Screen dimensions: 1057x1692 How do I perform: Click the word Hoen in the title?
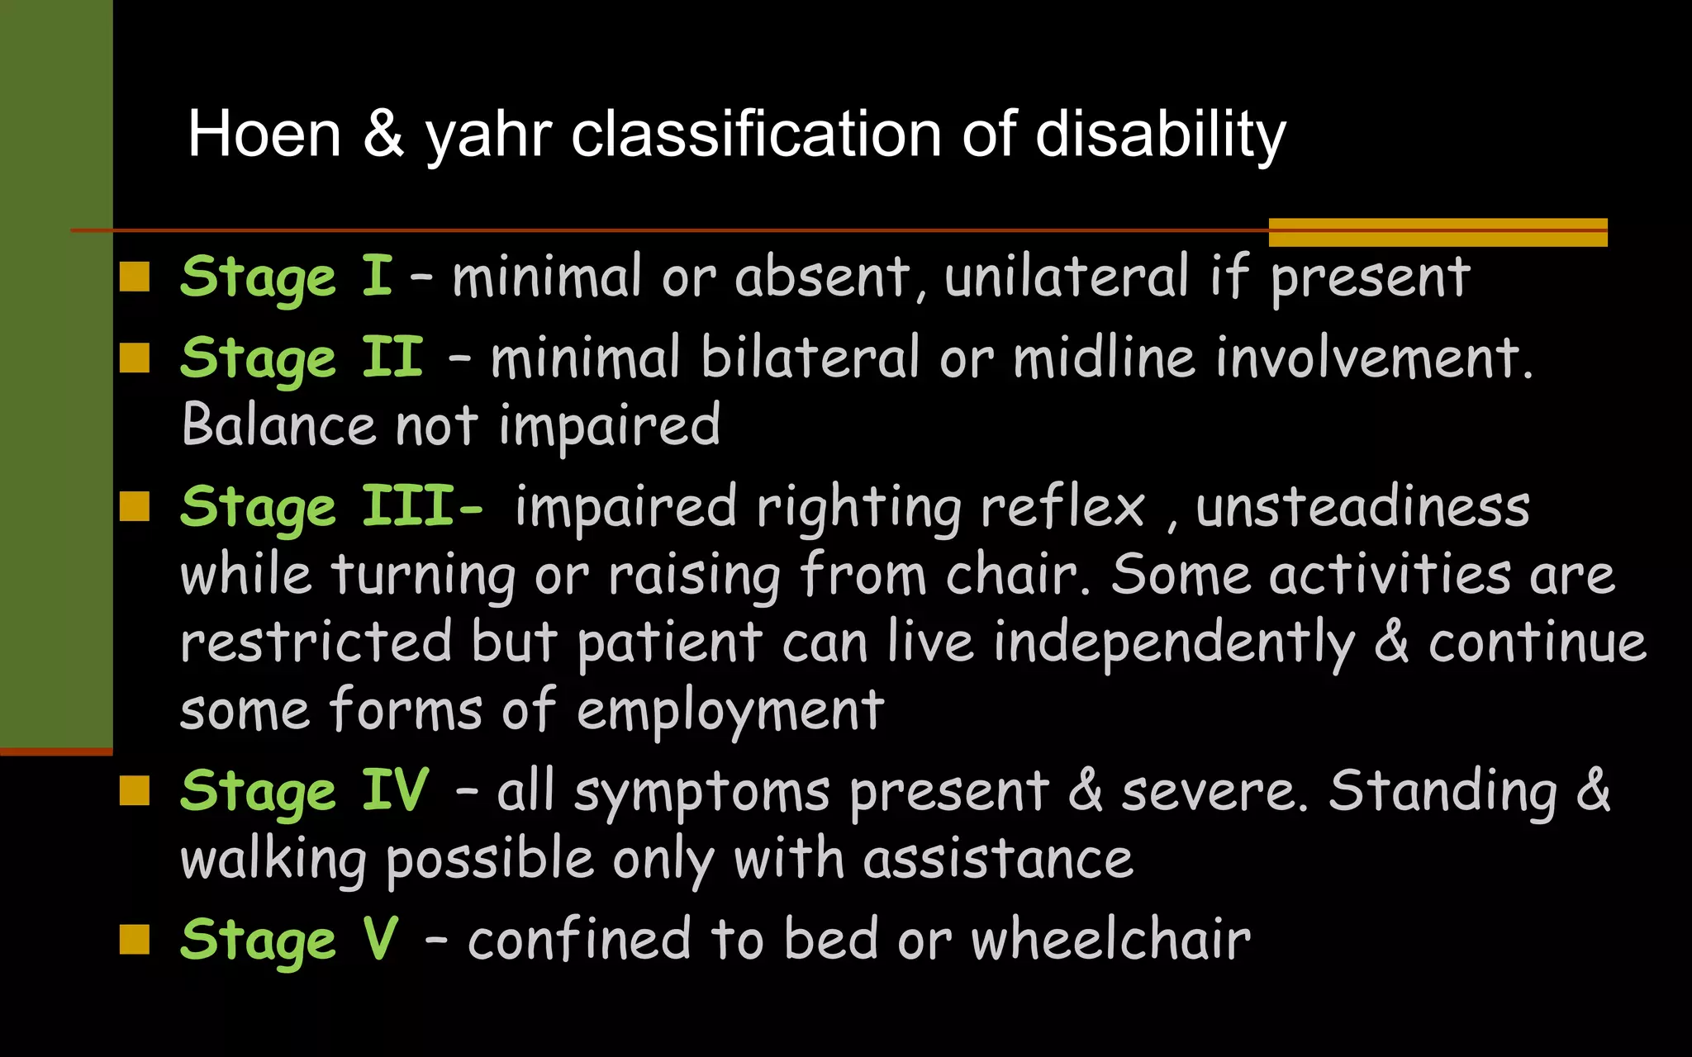click(264, 135)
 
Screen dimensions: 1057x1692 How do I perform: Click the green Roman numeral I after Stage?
click(377, 276)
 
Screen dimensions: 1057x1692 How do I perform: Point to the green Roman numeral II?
click(392, 358)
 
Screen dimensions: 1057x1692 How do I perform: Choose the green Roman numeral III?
click(408, 505)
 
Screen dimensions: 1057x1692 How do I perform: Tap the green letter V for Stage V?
click(380, 939)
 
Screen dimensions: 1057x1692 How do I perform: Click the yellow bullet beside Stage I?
click(135, 277)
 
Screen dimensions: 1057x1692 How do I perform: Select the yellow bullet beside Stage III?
click(135, 507)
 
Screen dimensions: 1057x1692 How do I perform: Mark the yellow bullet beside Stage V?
click(135, 939)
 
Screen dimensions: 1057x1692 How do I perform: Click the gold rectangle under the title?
click(1438, 233)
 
